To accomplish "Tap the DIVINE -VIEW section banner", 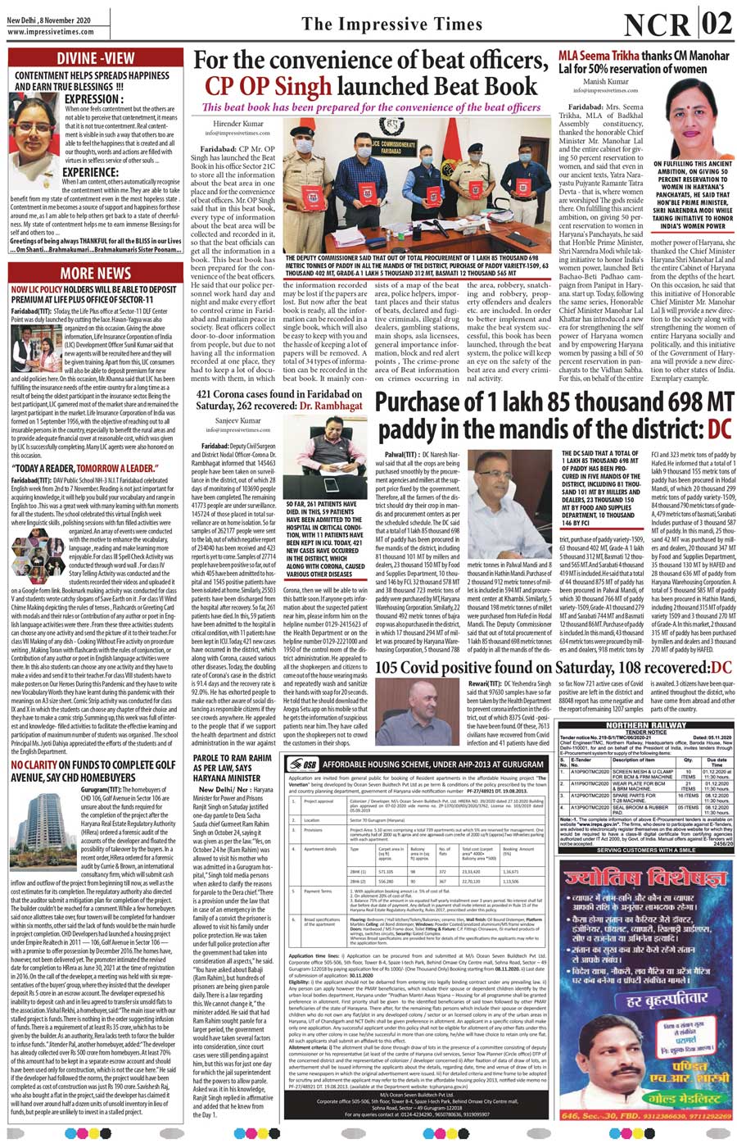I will (x=96, y=58).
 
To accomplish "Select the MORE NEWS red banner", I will (x=96, y=273).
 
